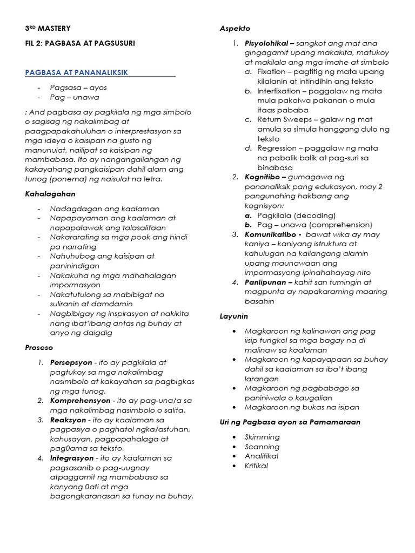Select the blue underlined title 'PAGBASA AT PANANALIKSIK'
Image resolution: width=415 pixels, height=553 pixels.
coord(77,72)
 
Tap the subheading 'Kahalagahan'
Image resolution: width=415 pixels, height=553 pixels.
coord(50,193)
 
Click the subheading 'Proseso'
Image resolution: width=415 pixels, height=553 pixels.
coord(39,348)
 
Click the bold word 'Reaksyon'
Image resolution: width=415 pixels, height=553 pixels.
coord(68,420)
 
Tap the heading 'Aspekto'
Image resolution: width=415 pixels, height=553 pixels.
coord(235,28)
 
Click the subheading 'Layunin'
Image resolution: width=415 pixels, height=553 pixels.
coord(233,316)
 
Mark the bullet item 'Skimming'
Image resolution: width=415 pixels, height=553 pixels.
coord(262,437)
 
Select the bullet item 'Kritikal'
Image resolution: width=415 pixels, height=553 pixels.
coord(256,466)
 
